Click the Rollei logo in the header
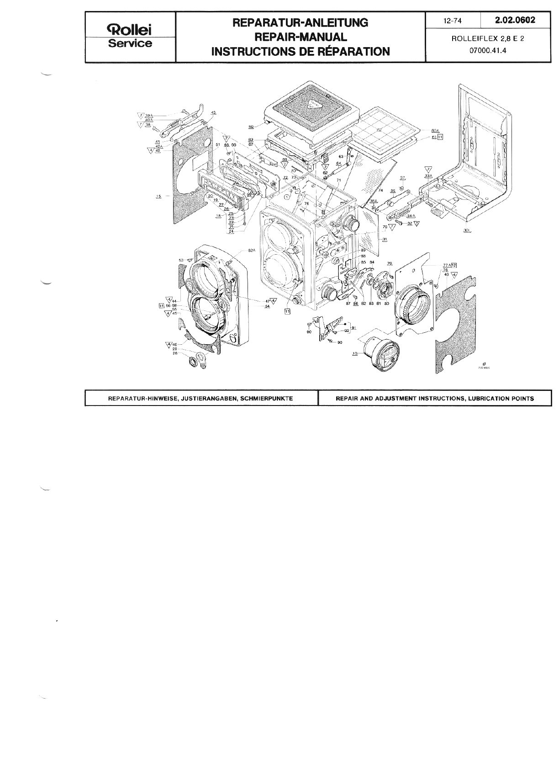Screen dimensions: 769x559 130,30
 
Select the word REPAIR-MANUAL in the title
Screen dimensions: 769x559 300,37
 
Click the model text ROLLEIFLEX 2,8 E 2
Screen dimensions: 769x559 487,39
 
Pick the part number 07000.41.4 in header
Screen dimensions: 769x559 487,51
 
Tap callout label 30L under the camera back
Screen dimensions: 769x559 466,231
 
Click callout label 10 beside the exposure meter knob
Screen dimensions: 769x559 354,353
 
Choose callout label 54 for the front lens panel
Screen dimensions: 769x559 267,306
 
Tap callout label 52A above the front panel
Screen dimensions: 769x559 252,251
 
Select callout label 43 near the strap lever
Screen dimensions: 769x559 213,112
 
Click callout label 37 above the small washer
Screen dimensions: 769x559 402,177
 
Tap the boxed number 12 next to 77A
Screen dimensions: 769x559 454,265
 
